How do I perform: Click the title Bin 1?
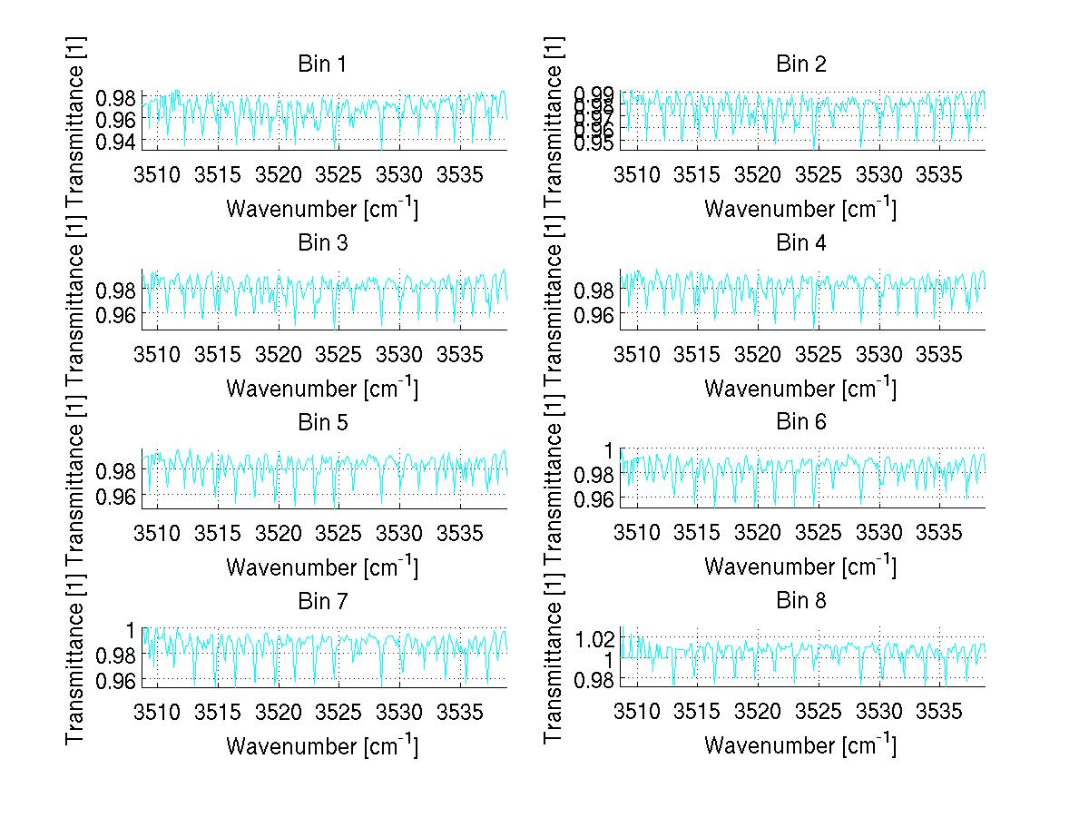tap(321, 64)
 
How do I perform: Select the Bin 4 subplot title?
tap(800, 243)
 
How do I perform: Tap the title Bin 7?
tap(321, 601)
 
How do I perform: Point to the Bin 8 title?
tap(800, 601)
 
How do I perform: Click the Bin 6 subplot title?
tap(800, 422)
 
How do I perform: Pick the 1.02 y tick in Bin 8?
tap(594, 638)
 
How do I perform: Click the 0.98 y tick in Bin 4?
tap(594, 291)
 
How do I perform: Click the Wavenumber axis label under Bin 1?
tap(321, 209)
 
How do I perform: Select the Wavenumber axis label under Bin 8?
tap(800, 745)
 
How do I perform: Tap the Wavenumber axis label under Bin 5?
tap(321, 567)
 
